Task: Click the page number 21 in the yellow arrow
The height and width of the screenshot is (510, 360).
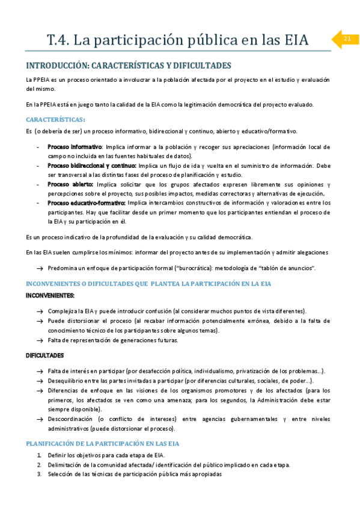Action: (347, 39)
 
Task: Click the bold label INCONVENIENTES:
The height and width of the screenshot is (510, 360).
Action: (50, 295)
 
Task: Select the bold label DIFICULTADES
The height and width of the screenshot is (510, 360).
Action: (45, 355)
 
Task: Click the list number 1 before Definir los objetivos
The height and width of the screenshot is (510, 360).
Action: (40, 455)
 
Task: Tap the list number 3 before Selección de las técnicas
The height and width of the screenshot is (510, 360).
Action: (40, 474)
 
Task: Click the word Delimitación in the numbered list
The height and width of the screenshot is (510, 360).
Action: (67, 464)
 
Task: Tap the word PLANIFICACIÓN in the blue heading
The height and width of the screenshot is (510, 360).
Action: (53, 443)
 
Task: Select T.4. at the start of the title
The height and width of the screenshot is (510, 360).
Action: (58, 40)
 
